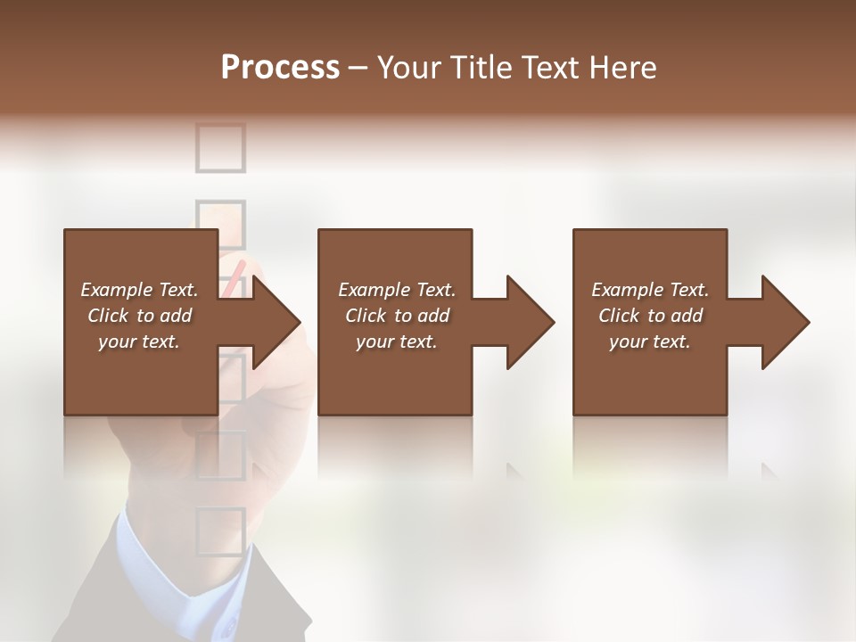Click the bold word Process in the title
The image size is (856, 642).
coord(280,68)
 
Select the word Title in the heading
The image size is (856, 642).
coord(482,68)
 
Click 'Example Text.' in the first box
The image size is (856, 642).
coord(139,290)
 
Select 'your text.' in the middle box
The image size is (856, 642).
coord(396,342)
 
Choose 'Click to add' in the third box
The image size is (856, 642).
coord(651,316)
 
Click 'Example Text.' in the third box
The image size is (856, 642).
coord(650,290)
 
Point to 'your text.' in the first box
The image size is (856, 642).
coord(139,342)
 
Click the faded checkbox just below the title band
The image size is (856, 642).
coord(220,147)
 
